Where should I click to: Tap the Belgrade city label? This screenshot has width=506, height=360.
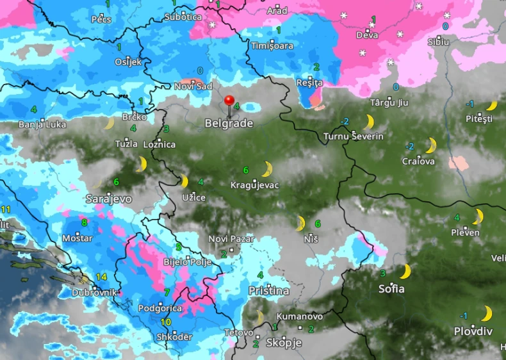coord(229,123)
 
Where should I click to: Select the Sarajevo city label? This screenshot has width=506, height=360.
coord(109,199)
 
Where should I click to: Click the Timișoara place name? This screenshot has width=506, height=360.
coord(272,45)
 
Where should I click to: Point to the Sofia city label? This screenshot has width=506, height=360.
coord(391,289)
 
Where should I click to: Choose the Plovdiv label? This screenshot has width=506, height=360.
coord(473,331)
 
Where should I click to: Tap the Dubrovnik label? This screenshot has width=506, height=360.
coord(95,292)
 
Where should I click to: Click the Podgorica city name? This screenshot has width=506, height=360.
coord(160,308)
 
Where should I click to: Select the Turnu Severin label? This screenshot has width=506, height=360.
coord(354,136)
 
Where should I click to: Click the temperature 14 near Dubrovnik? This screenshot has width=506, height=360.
coord(101,277)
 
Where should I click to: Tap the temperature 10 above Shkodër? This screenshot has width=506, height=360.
coord(165,322)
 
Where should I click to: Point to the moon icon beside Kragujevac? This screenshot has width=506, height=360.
coord(266,170)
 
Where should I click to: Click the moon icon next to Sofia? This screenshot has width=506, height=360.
coord(405,272)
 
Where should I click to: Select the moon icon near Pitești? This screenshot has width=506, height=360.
coord(491,106)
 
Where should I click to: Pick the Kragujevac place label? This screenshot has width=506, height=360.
coord(254,185)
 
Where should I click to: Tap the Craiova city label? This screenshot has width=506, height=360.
coord(418,161)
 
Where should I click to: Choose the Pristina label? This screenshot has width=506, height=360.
coord(268,291)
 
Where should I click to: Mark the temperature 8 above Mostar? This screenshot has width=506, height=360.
coord(84,223)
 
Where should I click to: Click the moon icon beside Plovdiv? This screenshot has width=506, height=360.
coord(487,314)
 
